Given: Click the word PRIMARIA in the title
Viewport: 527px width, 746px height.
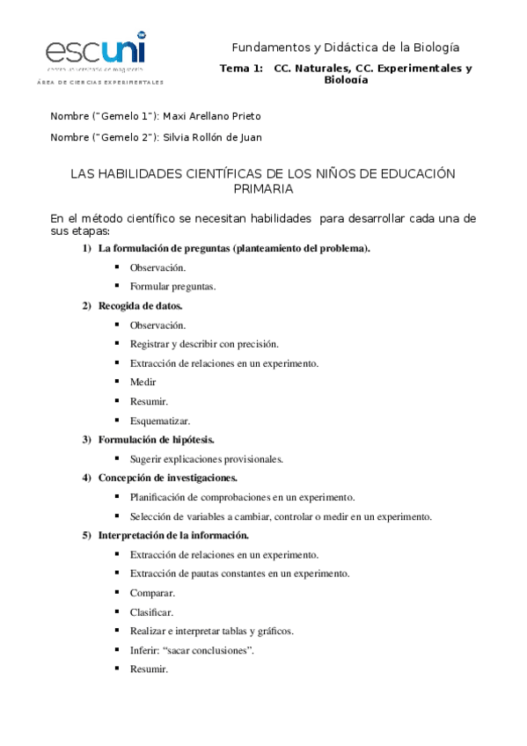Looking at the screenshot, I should coord(263,188).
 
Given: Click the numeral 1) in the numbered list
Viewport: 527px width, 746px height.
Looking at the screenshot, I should coord(87,248).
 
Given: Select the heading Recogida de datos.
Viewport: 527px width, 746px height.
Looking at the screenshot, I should coord(141,306).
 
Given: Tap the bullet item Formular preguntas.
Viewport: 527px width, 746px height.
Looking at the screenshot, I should coord(172,286).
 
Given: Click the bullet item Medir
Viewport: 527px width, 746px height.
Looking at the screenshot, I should coord(143,382).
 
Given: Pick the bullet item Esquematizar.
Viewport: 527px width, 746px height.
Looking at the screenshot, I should coord(160,421).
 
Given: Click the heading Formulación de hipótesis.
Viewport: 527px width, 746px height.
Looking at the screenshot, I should coord(157,439).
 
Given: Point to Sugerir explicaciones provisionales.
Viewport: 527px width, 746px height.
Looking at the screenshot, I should coord(207,458).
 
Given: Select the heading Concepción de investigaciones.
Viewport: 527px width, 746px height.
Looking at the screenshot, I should coord(168,478).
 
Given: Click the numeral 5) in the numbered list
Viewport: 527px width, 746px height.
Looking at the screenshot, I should coord(87,535).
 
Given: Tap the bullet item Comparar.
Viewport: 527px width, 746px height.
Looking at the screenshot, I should coord(152,592).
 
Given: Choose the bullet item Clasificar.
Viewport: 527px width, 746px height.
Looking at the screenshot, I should coord(151,611).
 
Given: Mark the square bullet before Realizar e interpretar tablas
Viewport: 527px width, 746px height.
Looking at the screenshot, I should coord(117,630).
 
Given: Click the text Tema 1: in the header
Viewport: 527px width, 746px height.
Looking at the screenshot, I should coord(240,69).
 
